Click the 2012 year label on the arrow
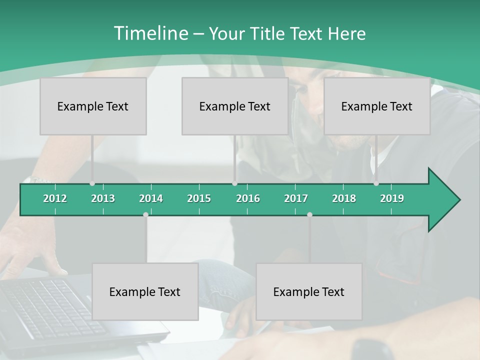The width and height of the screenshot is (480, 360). (55, 198)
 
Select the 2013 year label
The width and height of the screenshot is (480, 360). (103, 198)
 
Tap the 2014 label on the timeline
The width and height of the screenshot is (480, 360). (151, 198)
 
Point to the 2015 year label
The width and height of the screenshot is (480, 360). (199, 198)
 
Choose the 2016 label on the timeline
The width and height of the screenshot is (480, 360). (248, 198)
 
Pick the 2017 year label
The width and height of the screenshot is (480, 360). (296, 198)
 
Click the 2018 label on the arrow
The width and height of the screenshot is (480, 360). (344, 198)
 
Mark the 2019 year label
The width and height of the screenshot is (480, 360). (392, 198)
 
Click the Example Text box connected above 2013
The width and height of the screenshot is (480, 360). (93, 106)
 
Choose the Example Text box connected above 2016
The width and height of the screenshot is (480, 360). (235, 106)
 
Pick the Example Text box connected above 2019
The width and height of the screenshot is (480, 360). (377, 106)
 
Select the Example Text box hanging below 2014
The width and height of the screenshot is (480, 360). (145, 291)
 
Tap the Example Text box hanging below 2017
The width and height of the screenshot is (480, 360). (309, 291)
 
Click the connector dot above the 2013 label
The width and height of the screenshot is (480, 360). (92, 183)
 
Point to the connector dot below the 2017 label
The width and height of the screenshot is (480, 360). (309, 214)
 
